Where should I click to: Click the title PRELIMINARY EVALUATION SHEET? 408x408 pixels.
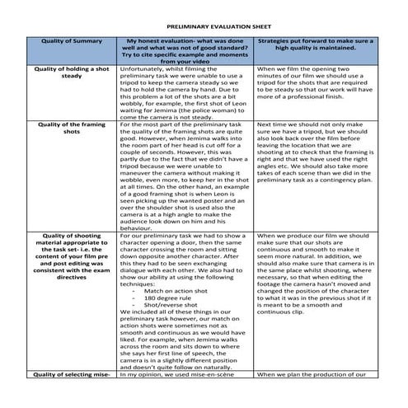(x=204, y=26)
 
